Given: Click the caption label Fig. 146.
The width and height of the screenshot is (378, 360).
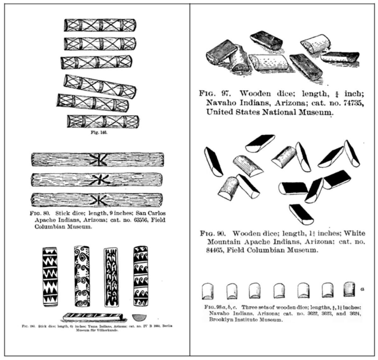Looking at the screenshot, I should point(99,133).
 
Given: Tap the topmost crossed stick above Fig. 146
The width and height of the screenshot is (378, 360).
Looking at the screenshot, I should point(100,25).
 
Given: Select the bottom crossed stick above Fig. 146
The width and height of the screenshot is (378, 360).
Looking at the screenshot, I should point(103,121).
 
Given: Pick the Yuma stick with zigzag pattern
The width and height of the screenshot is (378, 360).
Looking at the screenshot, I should point(50,277).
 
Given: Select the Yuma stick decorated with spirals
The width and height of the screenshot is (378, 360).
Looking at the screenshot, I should point(81,276).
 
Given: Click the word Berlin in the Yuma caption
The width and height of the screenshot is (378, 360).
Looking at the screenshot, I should point(166,326).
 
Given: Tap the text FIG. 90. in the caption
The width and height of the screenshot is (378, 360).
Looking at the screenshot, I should point(212,234).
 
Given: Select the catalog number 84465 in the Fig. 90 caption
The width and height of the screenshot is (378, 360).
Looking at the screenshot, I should point(215,250).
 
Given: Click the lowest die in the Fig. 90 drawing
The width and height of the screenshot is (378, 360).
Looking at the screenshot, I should point(301,214).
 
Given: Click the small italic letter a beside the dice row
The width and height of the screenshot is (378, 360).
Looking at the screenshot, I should point(363,288).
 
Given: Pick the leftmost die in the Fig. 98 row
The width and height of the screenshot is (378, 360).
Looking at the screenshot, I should point(207,291).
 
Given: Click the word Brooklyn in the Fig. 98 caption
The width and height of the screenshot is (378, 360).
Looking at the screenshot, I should point(220,320).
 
